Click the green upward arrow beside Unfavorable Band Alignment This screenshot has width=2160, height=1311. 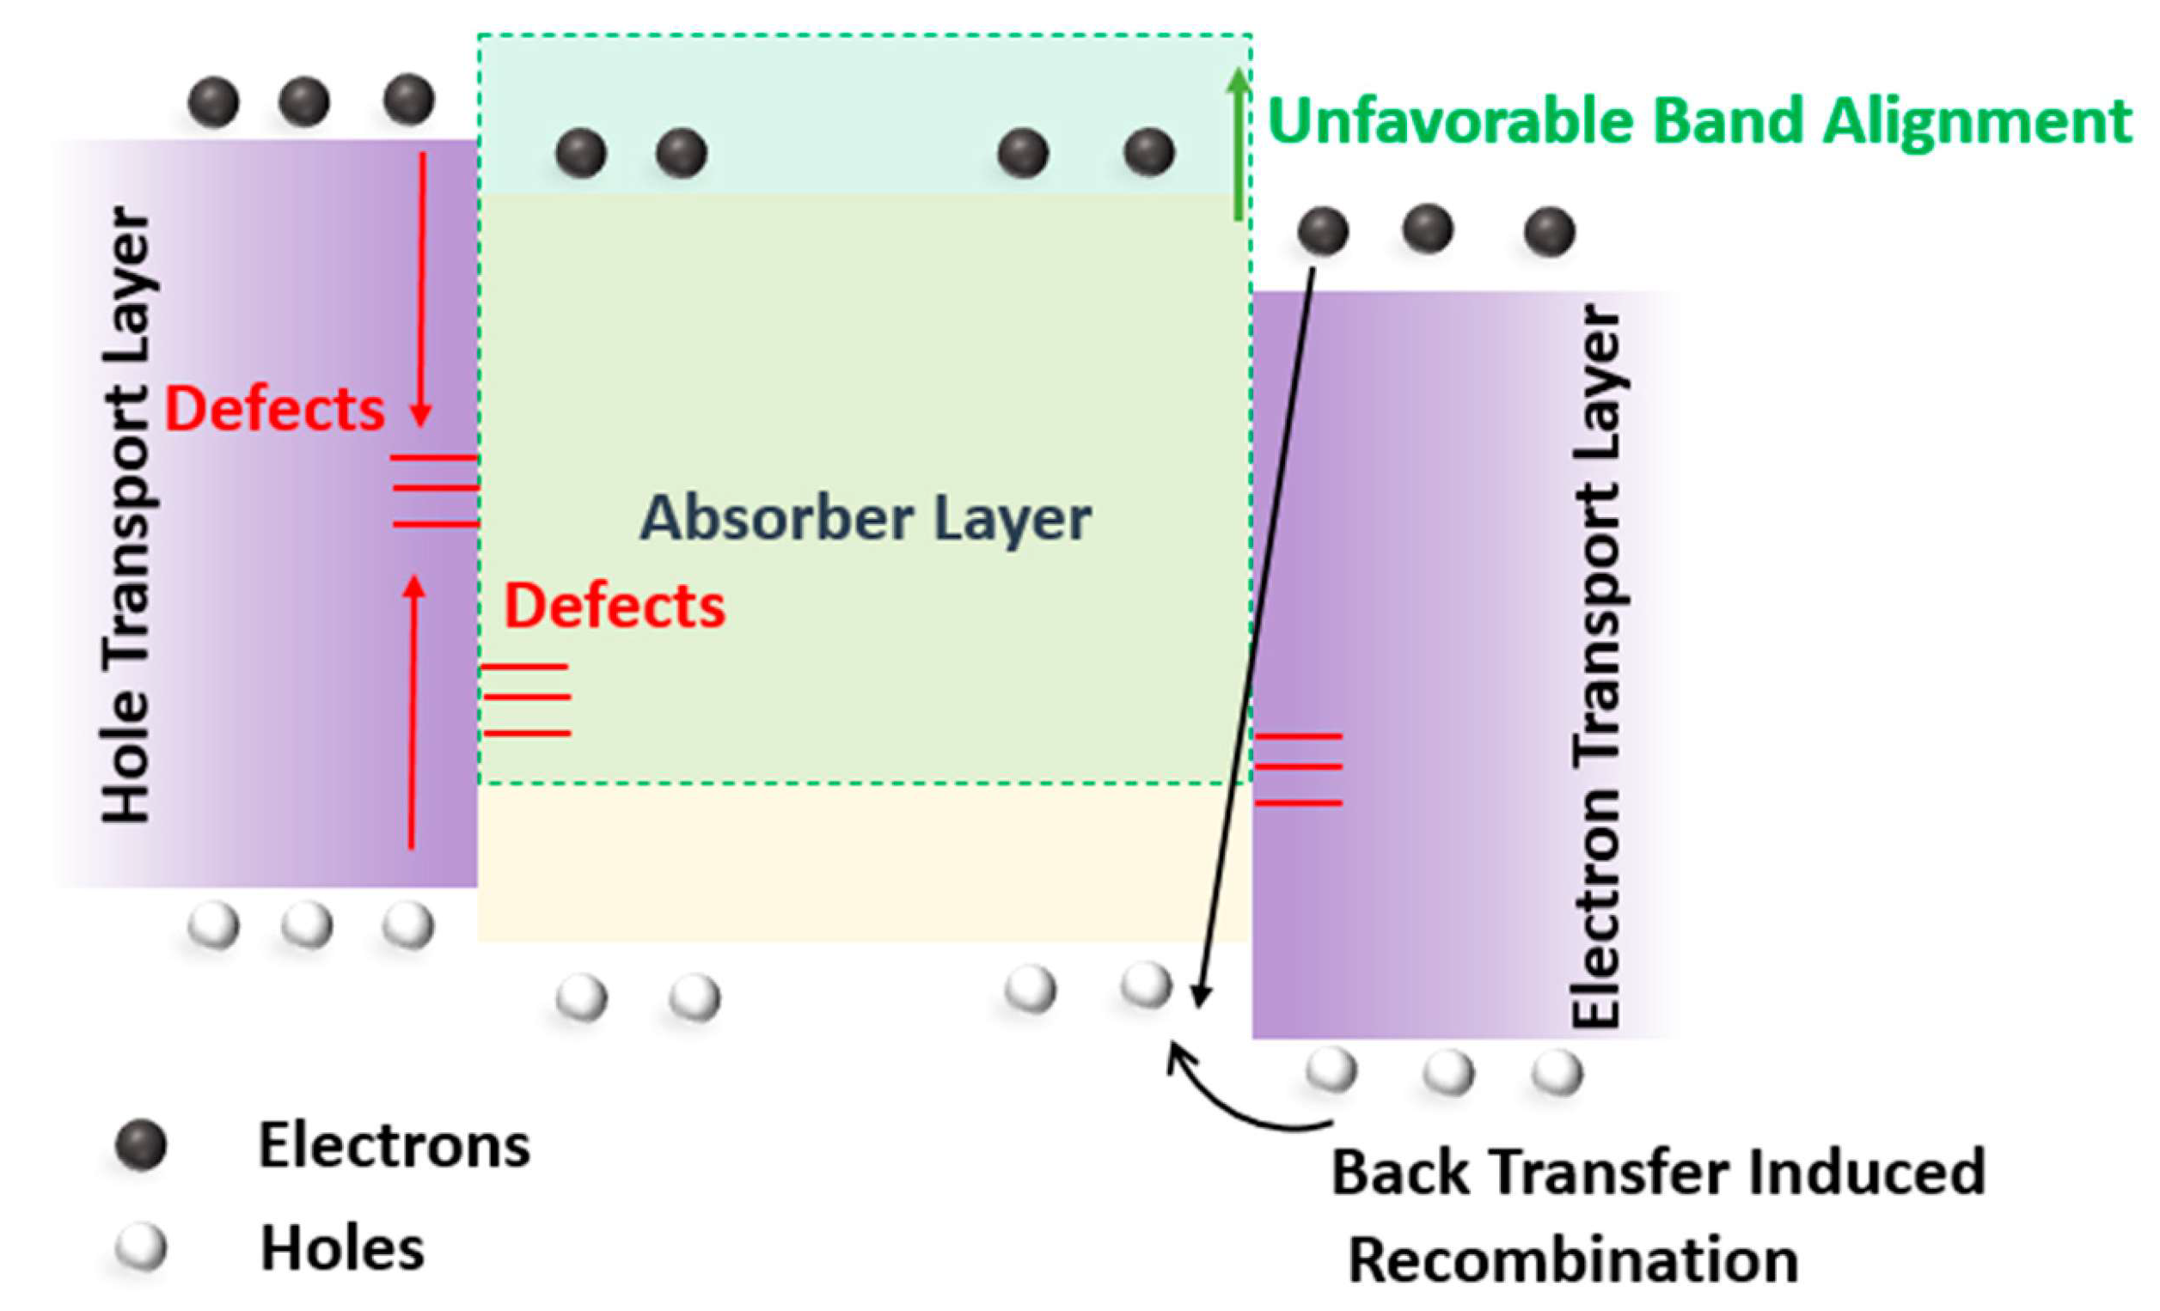tap(1238, 144)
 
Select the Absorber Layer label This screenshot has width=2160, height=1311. tap(866, 519)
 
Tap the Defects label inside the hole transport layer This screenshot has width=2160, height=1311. tap(274, 410)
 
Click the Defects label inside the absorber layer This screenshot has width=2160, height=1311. tap(615, 607)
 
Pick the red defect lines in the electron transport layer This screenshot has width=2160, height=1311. tap(1298, 769)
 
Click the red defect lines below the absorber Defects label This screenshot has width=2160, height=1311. tap(526, 698)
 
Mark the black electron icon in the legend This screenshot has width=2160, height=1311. tap(140, 1144)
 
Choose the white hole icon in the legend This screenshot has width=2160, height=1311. tap(140, 1248)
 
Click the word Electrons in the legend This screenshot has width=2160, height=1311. tap(394, 1146)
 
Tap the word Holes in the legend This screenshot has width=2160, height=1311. tap(342, 1249)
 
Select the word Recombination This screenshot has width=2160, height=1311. tap(1573, 1260)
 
